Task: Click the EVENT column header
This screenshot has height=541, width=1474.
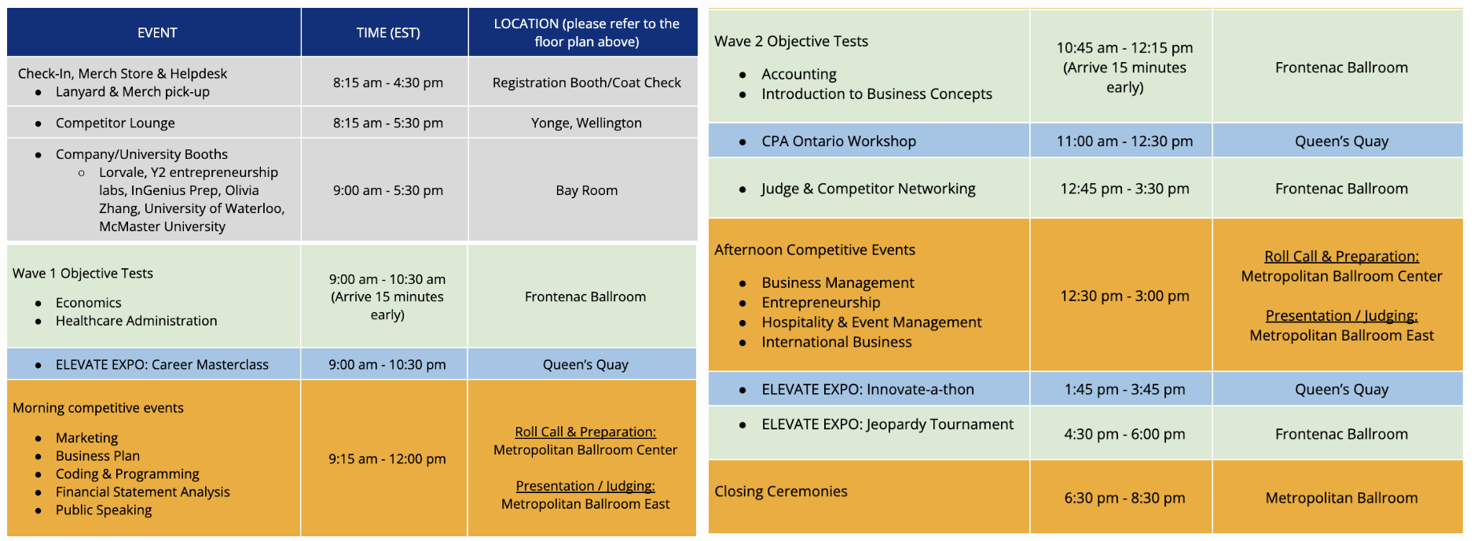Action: click(x=157, y=33)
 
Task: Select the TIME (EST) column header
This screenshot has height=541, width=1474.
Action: click(x=388, y=33)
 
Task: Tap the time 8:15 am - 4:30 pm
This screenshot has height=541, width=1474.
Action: click(x=388, y=83)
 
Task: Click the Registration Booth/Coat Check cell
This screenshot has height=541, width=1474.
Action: click(x=586, y=83)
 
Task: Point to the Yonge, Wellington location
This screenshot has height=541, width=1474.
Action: click(x=586, y=123)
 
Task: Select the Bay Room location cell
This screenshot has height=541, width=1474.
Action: click(x=586, y=190)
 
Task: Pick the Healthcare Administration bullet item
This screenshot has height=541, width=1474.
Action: click(x=137, y=321)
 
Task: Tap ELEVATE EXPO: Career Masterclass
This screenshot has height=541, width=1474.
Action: click(x=162, y=365)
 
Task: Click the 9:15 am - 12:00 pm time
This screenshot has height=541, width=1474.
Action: click(x=387, y=459)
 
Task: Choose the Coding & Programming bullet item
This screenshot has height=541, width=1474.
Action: click(x=127, y=474)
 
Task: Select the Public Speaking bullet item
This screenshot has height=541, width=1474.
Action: click(x=104, y=510)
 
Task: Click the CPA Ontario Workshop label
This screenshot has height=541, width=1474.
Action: click(x=838, y=142)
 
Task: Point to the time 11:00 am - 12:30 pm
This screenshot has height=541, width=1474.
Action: click(x=1124, y=142)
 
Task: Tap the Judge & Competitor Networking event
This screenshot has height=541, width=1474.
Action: click(x=868, y=189)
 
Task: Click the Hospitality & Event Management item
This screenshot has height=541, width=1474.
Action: click(x=871, y=322)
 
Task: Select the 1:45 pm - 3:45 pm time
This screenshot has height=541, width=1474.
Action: click(x=1124, y=389)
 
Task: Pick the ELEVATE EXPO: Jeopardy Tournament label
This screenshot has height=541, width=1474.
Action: click(x=887, y=425)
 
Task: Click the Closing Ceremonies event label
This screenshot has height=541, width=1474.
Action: click(x=781, y=491)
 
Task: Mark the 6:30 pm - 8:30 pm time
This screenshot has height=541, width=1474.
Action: click(x=1124, y=498)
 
